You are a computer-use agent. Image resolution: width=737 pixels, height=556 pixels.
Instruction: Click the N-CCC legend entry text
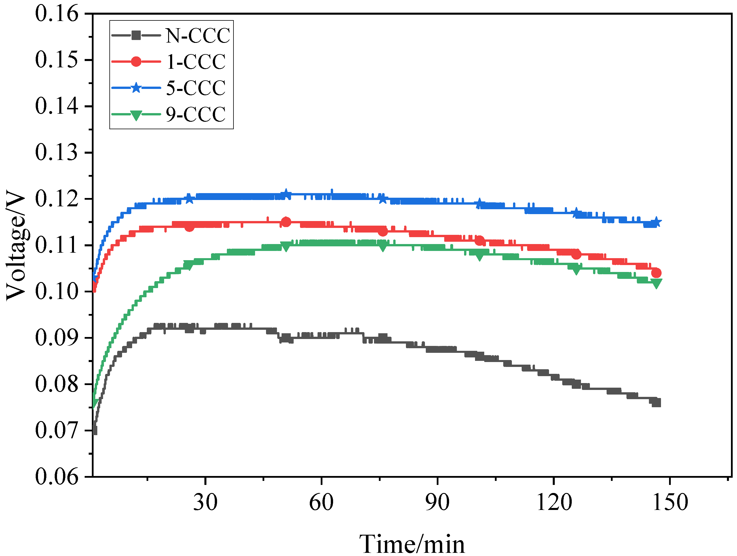(197, 35)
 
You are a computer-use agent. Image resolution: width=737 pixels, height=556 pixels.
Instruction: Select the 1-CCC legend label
(196, 62)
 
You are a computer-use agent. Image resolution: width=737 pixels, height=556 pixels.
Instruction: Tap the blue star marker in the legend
(136, 88)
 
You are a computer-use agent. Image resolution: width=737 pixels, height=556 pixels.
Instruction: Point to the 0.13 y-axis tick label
(57, 153)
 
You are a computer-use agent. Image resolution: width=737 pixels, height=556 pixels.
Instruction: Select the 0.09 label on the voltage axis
(57, 338)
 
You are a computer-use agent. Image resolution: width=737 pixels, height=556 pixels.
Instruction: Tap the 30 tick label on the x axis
(205, 502)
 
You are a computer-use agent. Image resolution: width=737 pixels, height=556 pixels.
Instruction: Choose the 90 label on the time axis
(437, 502)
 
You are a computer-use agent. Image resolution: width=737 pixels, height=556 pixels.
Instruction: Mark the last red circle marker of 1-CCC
(656, 273)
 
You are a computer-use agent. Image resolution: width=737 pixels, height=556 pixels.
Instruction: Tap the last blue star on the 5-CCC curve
(656, 222)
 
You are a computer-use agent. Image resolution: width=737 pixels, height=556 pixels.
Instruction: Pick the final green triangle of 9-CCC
(656, 283)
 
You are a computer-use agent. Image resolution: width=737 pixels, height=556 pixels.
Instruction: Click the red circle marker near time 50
(286, 222)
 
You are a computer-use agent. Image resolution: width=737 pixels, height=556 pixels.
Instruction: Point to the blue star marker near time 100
(479, 203)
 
